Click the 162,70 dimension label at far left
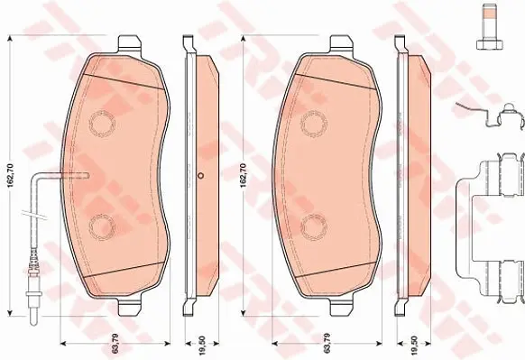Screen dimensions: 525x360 tap(11, 175)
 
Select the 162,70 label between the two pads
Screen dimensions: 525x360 tap(244, 175)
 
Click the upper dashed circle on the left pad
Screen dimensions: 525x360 tap(102, 124)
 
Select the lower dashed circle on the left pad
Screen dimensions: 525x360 tap(102, 226)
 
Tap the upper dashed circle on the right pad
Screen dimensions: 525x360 tap(313, 124)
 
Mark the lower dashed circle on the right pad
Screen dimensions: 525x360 tap(313, 226)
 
